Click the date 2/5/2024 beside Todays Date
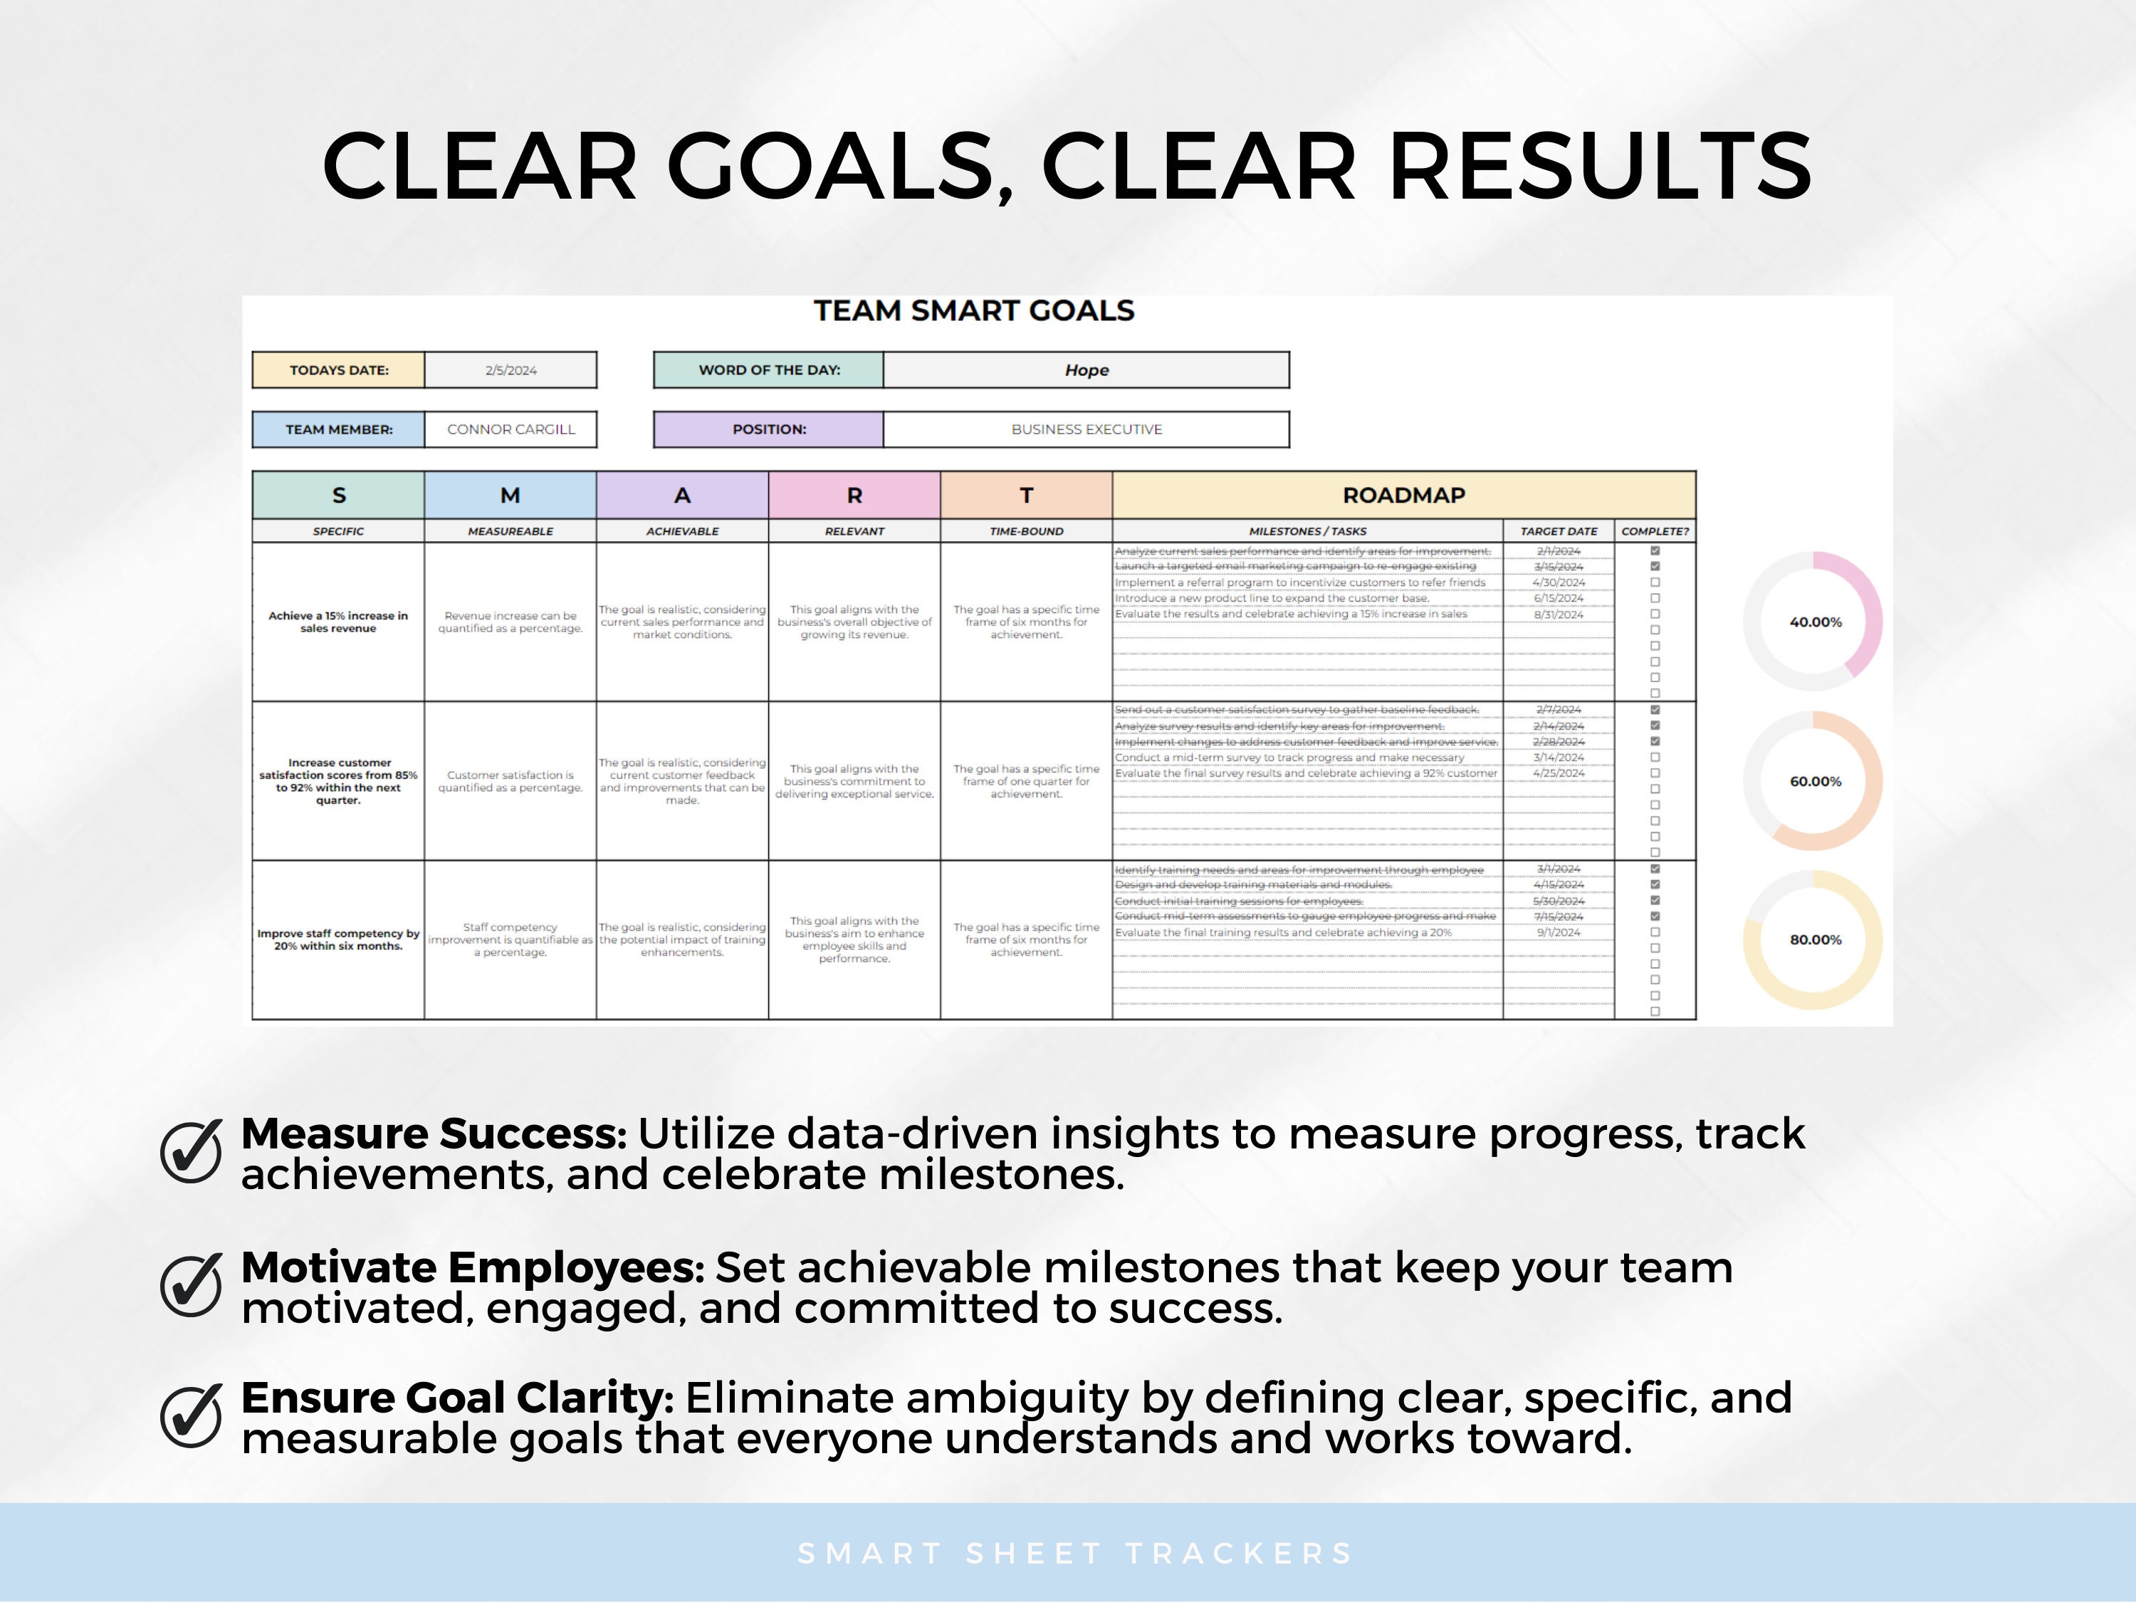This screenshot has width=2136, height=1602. [x=511, y=370]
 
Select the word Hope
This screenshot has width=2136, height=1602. [x=1087, y=370]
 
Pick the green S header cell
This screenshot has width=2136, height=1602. [x=338, y=496]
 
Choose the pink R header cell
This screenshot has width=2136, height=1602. [x=854, y=496]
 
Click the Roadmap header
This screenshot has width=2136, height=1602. [x=1403, y=496]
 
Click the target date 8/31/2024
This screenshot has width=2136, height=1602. [x=1559, y=614]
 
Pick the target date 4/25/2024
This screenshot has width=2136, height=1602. [x=1559, y=773]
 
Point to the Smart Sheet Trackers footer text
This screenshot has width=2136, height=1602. [x=1074, y=1553]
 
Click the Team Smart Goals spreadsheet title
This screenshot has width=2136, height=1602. [x=973, y=311]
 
